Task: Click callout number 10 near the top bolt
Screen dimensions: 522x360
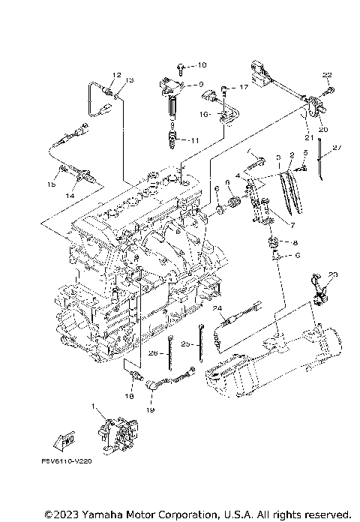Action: click(x=202, y=65)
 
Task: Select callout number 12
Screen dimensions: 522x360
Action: click(x=116, y=75)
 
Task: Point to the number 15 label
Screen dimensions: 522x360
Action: click(x=52, y=184)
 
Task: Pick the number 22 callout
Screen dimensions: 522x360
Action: click(x=327, y=75)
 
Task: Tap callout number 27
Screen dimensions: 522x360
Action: click(x=336, y=148)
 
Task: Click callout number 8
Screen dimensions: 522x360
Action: click(x=295, y=243)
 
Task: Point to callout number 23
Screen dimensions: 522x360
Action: click(x=333, y=275)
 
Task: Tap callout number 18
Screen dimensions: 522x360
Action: click(x=128, y=396)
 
